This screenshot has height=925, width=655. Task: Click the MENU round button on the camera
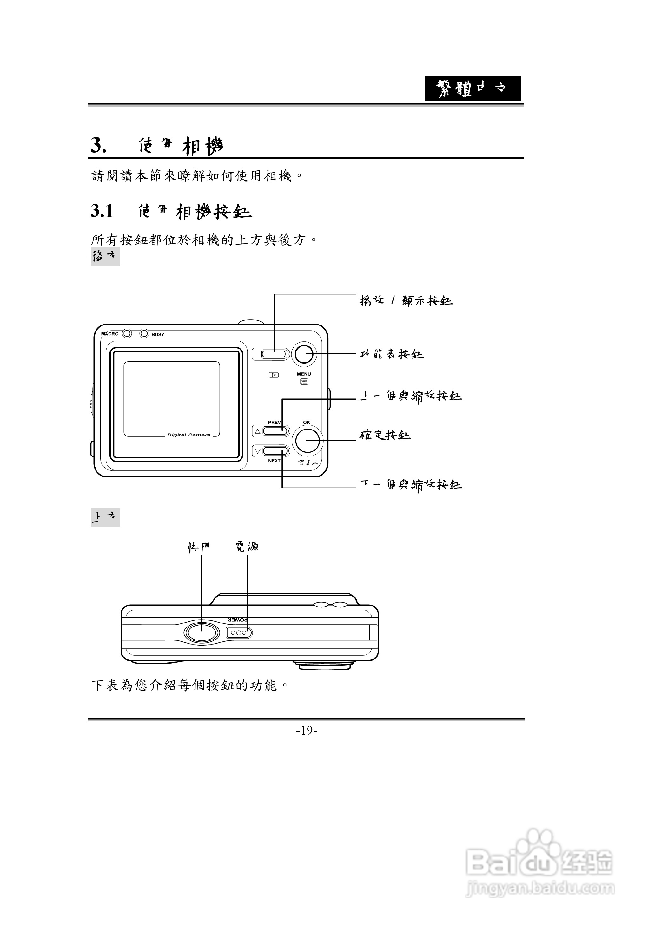tap(303, 354)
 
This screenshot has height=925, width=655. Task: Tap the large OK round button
tap(307, 441)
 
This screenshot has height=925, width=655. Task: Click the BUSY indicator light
tap(144, 334)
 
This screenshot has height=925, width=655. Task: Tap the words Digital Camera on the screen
tap(189, 435)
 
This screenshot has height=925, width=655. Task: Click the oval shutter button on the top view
tap(201, 633)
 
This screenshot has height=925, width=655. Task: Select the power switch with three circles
tap(239, 633)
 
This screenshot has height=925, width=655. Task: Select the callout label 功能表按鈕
tap(391, 354)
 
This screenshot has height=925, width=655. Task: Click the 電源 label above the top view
tap(247, 547)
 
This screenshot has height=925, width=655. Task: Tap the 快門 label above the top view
tap(198, 547)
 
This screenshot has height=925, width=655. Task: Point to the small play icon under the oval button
tap(274, 375)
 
